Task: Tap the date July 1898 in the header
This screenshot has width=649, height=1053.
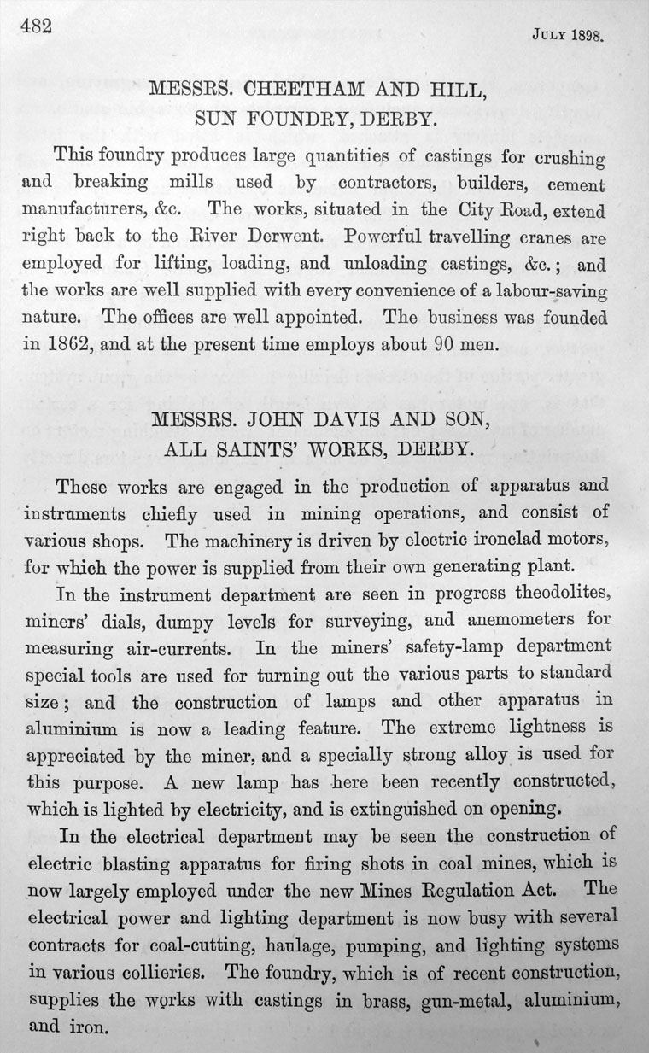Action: (x=567, y=37)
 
